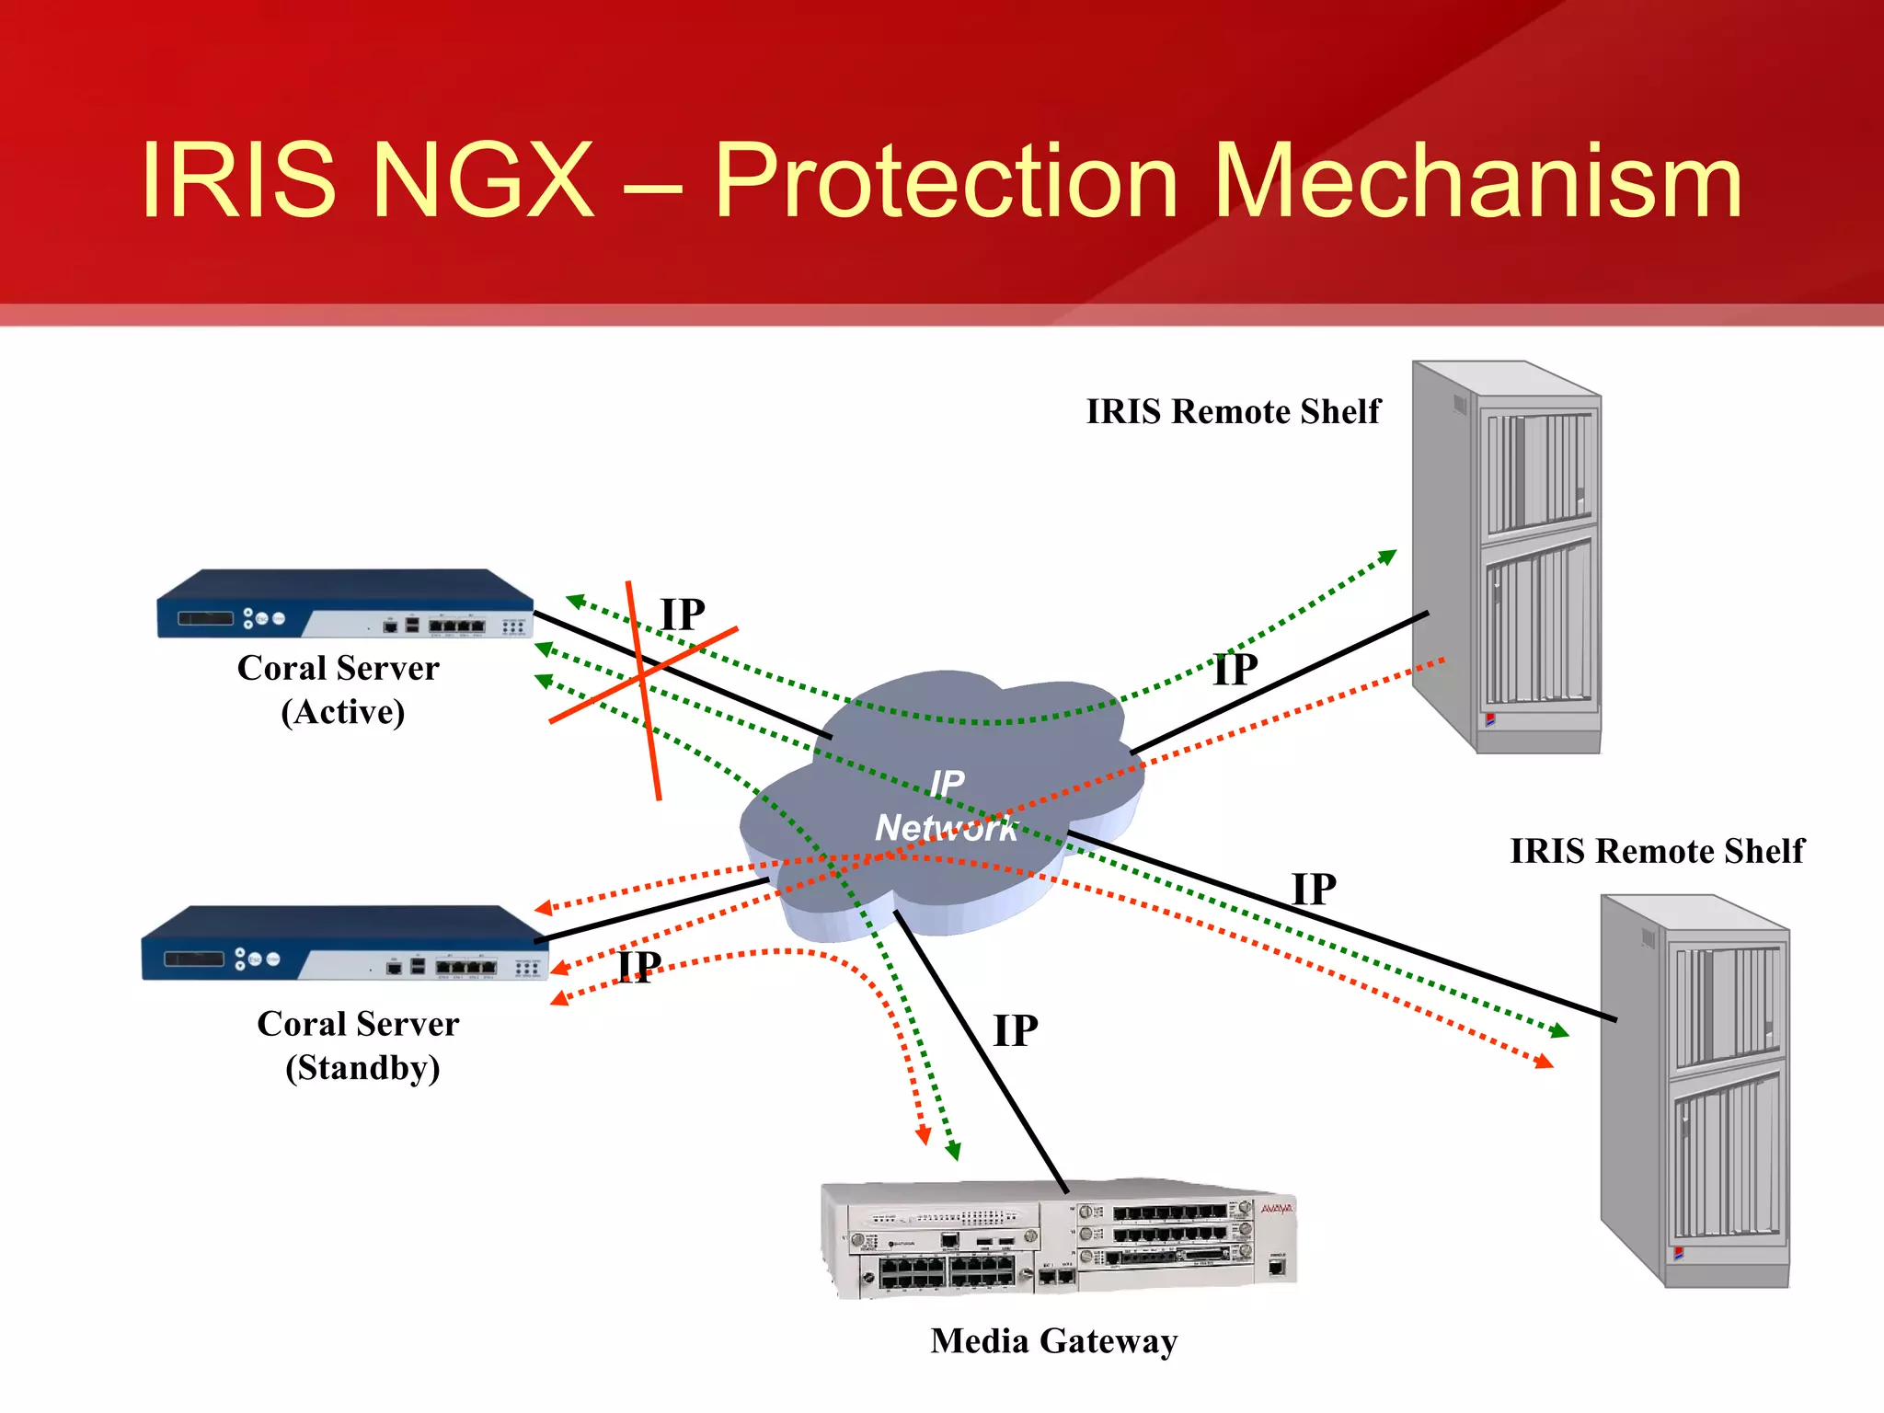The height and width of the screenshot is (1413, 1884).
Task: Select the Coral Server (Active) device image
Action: (345, 604)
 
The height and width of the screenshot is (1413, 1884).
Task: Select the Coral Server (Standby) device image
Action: (345, 944)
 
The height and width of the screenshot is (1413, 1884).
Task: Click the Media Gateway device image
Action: (1058, 1238)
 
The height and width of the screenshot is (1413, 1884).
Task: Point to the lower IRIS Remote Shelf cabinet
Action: (1696, 1091)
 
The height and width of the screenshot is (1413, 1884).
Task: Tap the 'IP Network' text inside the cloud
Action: (946, 806)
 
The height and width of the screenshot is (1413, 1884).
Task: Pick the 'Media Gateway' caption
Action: (1054, 1341)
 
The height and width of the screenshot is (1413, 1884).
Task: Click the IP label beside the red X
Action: (683, 615)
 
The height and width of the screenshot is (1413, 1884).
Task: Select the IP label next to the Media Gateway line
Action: (1016, 1031)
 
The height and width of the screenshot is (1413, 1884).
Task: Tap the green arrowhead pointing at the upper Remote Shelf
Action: (1387, 557)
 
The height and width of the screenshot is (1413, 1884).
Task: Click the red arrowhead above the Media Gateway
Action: (924, 1136)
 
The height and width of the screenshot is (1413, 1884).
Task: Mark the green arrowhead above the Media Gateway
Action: (953, 1151)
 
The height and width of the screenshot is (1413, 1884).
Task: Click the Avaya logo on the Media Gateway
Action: (1276, 1209)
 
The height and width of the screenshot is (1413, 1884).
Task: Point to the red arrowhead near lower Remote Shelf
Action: (1545, 1062)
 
